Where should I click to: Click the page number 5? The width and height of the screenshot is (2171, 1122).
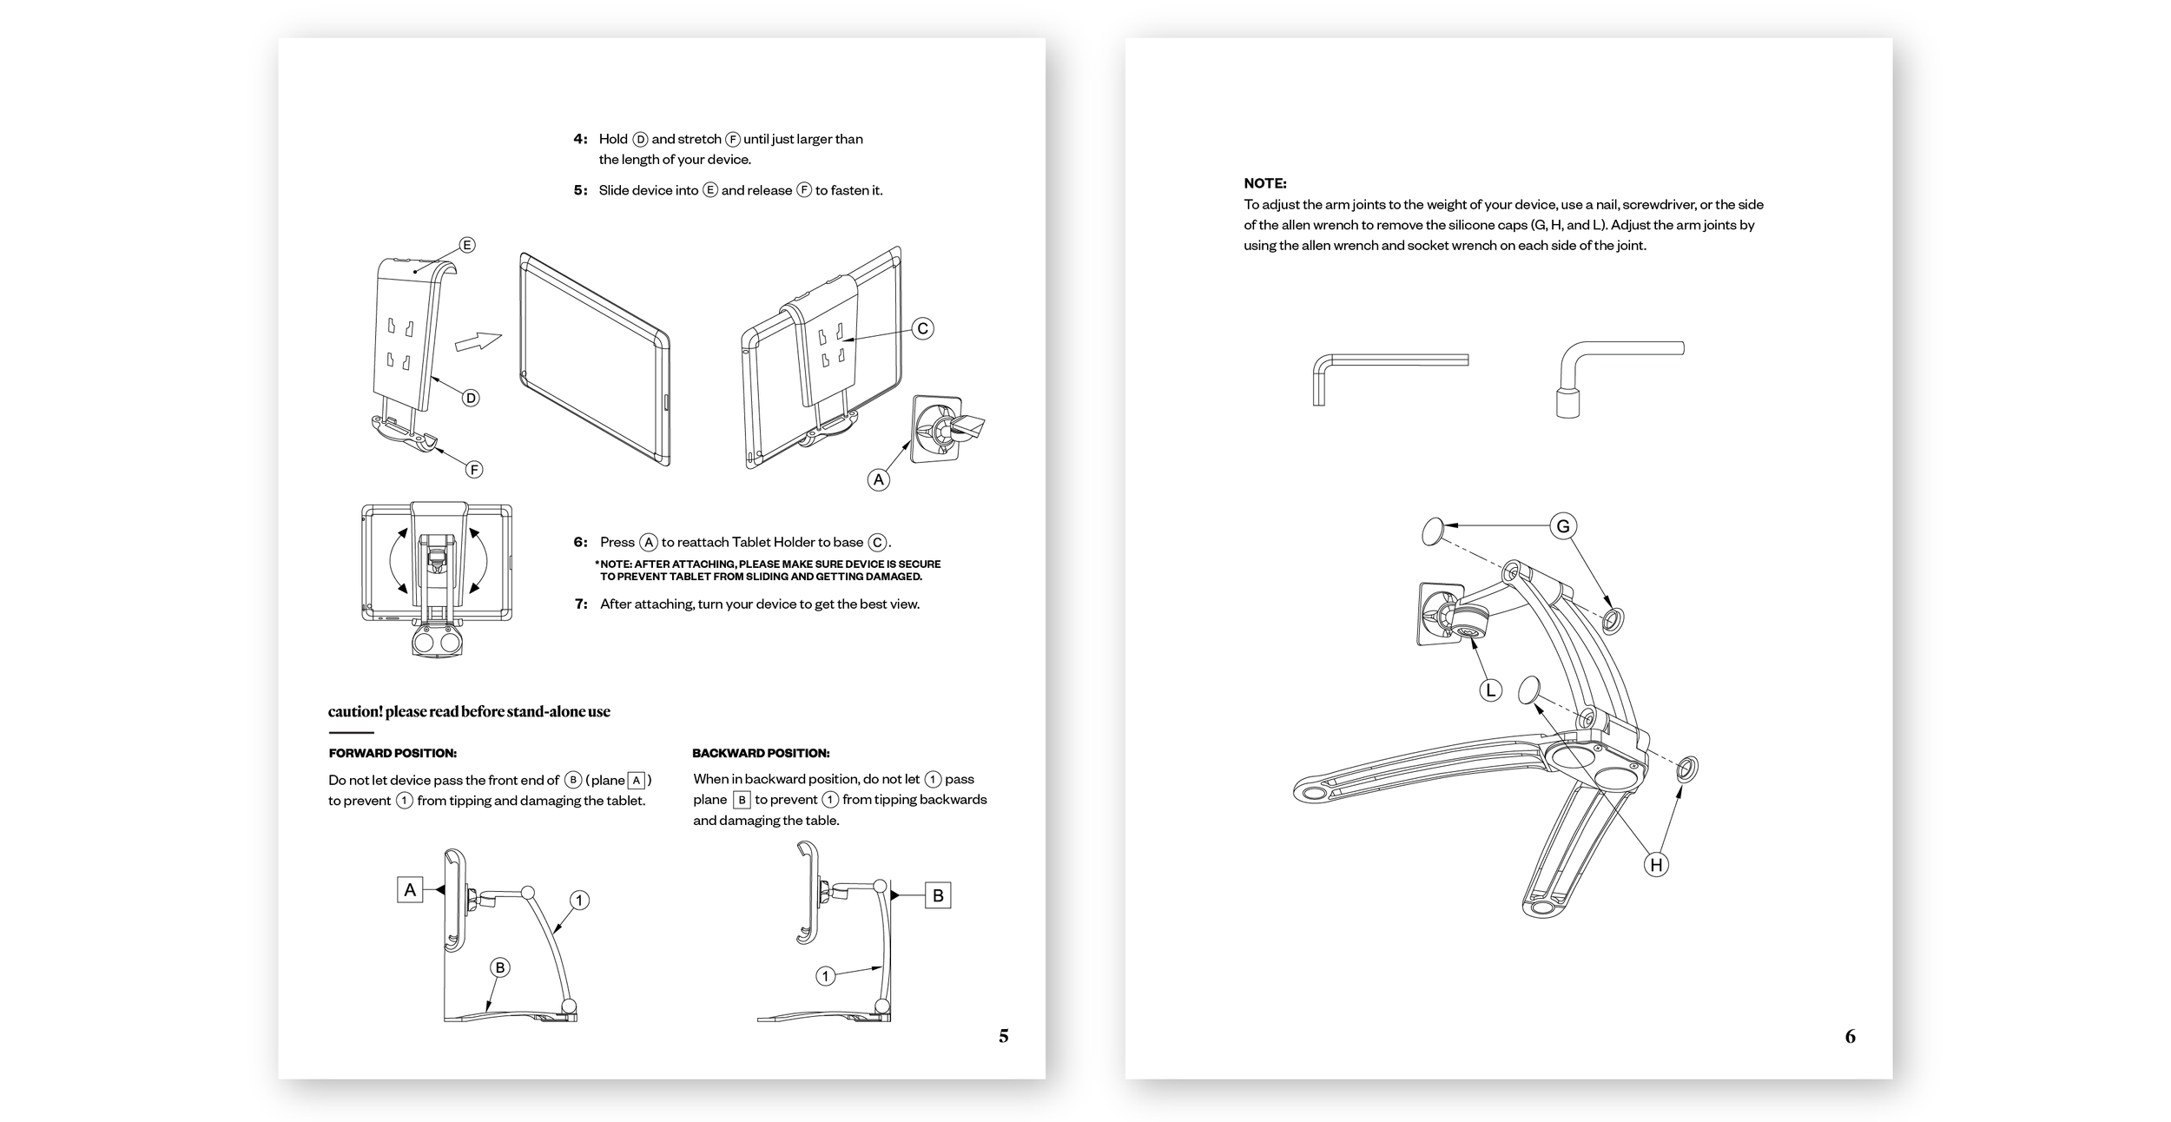[1003, 1035]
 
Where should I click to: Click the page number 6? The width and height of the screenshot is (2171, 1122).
[1850, 1036]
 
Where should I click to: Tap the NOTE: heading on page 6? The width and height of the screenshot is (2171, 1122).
[1264, 183]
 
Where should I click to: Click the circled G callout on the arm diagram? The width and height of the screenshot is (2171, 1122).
[1563, 526]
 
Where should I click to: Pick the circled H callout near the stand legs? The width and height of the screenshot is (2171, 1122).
[1656, 864]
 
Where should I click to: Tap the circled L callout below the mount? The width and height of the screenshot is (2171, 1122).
[1490, 690]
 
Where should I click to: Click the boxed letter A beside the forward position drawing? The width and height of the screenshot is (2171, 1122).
[410, 889]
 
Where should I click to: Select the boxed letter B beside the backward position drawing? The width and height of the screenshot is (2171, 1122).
[938, 895]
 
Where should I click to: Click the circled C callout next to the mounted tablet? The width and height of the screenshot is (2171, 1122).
[923, 328]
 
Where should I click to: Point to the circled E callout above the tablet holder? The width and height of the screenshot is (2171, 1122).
[467, 245]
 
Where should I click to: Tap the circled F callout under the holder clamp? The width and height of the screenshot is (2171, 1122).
[474, 470]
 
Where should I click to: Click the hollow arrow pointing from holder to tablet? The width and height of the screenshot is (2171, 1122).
[478, 342]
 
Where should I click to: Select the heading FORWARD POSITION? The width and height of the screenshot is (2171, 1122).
[393, 753]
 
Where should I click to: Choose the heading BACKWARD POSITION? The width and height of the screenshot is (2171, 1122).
[761, 753]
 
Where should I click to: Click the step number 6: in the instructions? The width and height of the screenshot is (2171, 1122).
[580, 542]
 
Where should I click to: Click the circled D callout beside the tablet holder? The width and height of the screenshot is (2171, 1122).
[471, 398]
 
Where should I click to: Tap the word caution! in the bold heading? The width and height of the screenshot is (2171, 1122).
[354, 711]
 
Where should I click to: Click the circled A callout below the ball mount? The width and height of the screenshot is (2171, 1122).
[879, 479]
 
